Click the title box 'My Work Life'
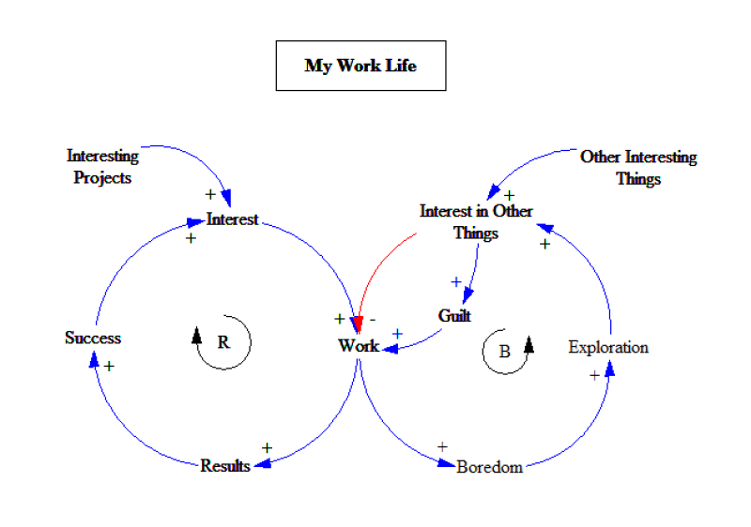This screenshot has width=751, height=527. click(x=360, y=66)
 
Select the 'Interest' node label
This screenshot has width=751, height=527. click(x=232, y=219)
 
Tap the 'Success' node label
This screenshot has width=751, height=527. click(x=93, y=338)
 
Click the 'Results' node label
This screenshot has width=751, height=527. click(x=225, y=465)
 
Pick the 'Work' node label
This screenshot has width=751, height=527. click(x=358, y=346)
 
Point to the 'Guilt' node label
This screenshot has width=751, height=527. click(x=454, y=316)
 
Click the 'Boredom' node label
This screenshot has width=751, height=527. click(x=489, y=466)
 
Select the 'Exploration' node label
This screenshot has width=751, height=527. click(x=608, y=347)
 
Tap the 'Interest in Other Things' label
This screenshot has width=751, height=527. click(x=476, y=221)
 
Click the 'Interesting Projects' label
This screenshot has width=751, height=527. click(x=102, y=166)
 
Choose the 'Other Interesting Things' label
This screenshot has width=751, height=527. click(x=638, y=167)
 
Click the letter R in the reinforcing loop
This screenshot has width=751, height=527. click(x=223, y=342)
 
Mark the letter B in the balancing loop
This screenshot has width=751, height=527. click(x=504, y=353)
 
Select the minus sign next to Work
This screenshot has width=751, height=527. click(x=373, y=319)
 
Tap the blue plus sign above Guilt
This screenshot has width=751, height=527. click(x=456, y=281)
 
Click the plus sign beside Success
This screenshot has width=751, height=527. click(x=109, y=366)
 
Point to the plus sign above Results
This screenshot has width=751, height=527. click(x=267, y=448)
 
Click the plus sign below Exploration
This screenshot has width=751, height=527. click(x=593, y=375)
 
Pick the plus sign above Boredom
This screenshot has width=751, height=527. click(x=442, y=446)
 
